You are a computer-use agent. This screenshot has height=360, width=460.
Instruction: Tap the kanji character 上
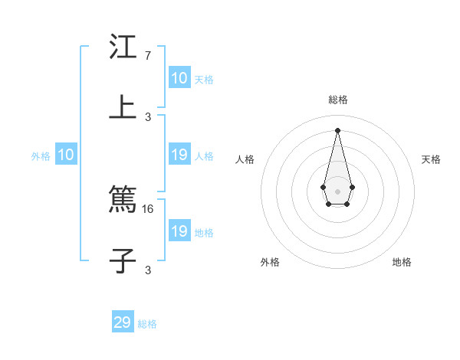tap(123, 107)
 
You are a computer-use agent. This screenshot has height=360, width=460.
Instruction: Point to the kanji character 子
tap(123, 260)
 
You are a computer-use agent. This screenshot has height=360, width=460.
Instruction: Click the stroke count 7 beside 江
tap(147, 56)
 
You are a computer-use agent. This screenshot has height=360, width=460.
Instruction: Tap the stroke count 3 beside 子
tap(147, 269)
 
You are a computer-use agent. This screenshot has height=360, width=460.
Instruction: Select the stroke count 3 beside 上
tap(147, 116)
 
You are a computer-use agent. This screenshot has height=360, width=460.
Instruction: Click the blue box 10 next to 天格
tap(179, 78)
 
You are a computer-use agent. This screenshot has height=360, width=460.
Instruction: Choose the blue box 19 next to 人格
tap(179, 155)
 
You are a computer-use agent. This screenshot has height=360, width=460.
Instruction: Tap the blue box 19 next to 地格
tap(179, 231)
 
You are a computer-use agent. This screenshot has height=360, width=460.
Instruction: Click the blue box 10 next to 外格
tap(66, 155)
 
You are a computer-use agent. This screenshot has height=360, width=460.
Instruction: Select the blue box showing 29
tap(123, 322)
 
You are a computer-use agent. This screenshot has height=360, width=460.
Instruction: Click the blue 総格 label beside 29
tap(147, 324)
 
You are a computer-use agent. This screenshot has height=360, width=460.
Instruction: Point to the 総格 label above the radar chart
tap(338, 100)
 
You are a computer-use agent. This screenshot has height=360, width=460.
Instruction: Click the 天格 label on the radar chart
tap(432, 159)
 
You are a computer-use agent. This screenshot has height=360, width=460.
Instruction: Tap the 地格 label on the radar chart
tap(402, 262)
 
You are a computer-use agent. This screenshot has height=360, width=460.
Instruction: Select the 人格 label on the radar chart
tap(245, 159)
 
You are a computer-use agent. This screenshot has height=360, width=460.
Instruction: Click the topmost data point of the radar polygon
tap(337, 129)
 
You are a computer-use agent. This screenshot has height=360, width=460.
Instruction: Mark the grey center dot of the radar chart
tap(337, 191)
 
